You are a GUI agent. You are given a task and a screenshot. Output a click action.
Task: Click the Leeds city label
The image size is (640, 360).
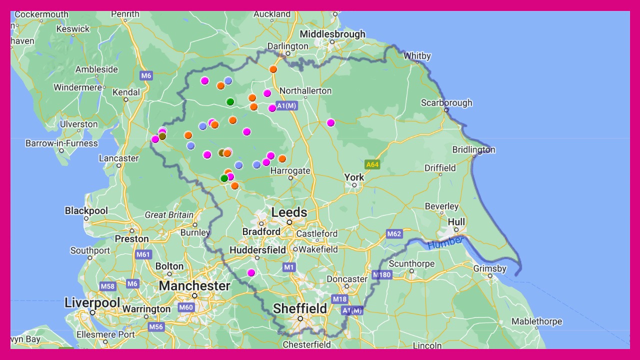(x=289, y=212)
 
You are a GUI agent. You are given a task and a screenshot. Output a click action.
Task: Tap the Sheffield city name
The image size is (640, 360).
(x=300, y=308)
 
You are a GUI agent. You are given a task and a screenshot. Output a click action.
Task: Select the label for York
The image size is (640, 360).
(x=354, y=177)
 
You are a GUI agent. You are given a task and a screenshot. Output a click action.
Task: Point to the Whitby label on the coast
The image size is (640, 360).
(x=417, y=56)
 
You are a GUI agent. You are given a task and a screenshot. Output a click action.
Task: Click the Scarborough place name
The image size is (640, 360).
(x=446, y=103)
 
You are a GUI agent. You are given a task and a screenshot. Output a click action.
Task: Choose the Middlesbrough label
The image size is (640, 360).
(x=332, y=34)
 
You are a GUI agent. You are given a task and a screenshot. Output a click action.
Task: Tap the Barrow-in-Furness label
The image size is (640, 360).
(x=61, y=143)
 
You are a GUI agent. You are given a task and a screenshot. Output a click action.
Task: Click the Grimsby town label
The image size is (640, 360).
(x=490, y=269)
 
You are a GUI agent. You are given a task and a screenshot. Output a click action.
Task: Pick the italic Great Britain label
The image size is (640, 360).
(x=169, y=215)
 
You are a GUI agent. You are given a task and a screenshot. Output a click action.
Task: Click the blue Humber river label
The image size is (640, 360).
(x=445, y=242)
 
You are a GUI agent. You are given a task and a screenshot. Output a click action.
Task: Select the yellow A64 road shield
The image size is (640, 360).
(x=372, y=164)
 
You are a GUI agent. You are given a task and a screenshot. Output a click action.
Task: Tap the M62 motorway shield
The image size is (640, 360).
(x=394, y=233)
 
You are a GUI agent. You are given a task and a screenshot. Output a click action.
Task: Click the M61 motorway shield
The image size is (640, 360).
(x=143, y=254)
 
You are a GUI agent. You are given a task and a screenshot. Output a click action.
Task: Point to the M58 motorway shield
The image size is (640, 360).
(x=107, y=286)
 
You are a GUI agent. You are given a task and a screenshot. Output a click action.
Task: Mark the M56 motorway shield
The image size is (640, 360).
(x=156, y=327)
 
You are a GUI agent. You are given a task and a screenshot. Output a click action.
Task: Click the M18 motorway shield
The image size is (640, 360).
(x=339, y=299)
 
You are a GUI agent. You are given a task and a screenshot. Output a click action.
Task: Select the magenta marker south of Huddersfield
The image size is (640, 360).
(x=251, y=272)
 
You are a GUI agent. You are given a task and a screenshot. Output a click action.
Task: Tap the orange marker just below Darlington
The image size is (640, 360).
(x=273, y=69)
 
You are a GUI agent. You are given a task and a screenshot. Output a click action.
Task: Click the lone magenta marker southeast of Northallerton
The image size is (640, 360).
(x=330, y=122)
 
